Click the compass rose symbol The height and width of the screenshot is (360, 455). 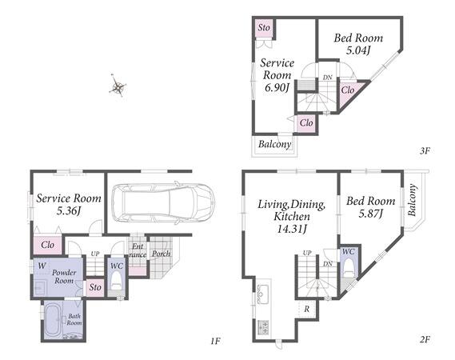click(118, 86)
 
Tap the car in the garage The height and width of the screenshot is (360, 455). click(163, 203)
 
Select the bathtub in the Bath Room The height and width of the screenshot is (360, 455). click(53, 320)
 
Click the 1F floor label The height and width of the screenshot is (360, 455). click(216, 341)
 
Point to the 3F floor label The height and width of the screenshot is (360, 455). click(425, 150)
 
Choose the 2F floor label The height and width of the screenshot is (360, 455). click(425, 339)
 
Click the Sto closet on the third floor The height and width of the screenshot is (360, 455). click(264, 28)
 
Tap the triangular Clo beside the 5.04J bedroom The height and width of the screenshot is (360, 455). click(349, 93)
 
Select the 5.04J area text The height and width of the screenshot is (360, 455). click(358, 50)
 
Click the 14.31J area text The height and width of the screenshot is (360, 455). click(292, 229)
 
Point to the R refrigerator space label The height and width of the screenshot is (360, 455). click(307, 309)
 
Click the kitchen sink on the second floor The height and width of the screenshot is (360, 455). click(263, 294)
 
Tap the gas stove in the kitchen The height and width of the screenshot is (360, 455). click(263, 327)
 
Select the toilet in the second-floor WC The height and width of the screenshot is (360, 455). click(349, 269)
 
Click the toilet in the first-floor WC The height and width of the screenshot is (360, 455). click(117, 281)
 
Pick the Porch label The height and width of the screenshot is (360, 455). click(162, 254)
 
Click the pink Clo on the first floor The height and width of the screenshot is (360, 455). click(47, 245)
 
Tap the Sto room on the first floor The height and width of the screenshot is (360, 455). click(95, 288)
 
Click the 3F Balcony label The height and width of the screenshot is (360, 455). click(274, 144)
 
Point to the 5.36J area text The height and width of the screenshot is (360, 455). click(68, 211)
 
